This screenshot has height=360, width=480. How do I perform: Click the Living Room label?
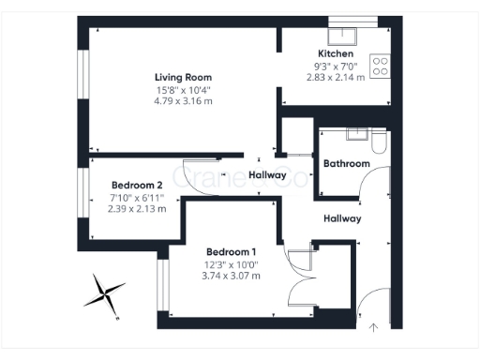tap(184, 77)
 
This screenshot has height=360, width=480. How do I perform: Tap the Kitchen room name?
tap(336, 53)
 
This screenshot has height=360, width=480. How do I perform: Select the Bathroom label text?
tap(347, 164)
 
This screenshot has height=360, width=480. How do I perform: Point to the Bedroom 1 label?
tap(232, 252)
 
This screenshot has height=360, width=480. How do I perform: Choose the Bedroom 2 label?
tap(138, 185)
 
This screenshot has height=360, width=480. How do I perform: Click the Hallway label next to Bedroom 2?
tap(267, 175)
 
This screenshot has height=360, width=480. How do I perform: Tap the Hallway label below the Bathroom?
tap(342, 218)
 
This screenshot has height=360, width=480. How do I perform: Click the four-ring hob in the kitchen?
tap(381, 66)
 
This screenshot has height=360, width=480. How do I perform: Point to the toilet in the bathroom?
tap(378, 142)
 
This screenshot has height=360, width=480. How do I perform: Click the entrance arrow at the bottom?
tap(374, 327)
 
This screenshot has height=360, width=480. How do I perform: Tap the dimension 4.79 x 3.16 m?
tap(184, 100)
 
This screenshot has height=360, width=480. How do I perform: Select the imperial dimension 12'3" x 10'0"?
tap(232, 264)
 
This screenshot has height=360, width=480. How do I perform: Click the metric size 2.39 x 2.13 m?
tap(138, 208)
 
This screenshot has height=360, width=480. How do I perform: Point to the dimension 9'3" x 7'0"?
tap(336, 66)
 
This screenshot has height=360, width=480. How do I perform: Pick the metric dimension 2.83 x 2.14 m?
tap(336, 77)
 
